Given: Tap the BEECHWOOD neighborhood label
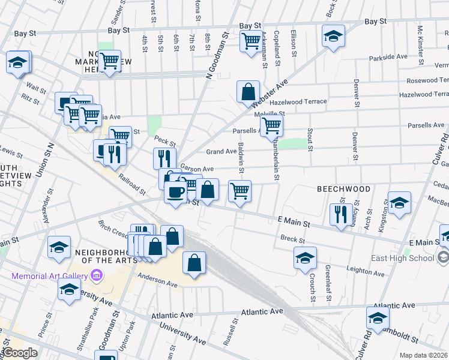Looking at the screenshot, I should pos(343,189).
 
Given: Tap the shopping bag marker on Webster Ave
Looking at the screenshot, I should pos(247,92).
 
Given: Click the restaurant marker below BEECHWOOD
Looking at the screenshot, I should pos(341,214).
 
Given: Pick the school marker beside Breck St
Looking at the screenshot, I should pos(305,258).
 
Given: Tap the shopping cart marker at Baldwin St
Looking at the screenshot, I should pos(240,191).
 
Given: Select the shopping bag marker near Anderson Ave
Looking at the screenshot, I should pos(194,263).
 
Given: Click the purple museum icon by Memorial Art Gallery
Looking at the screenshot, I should pos(96,275).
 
